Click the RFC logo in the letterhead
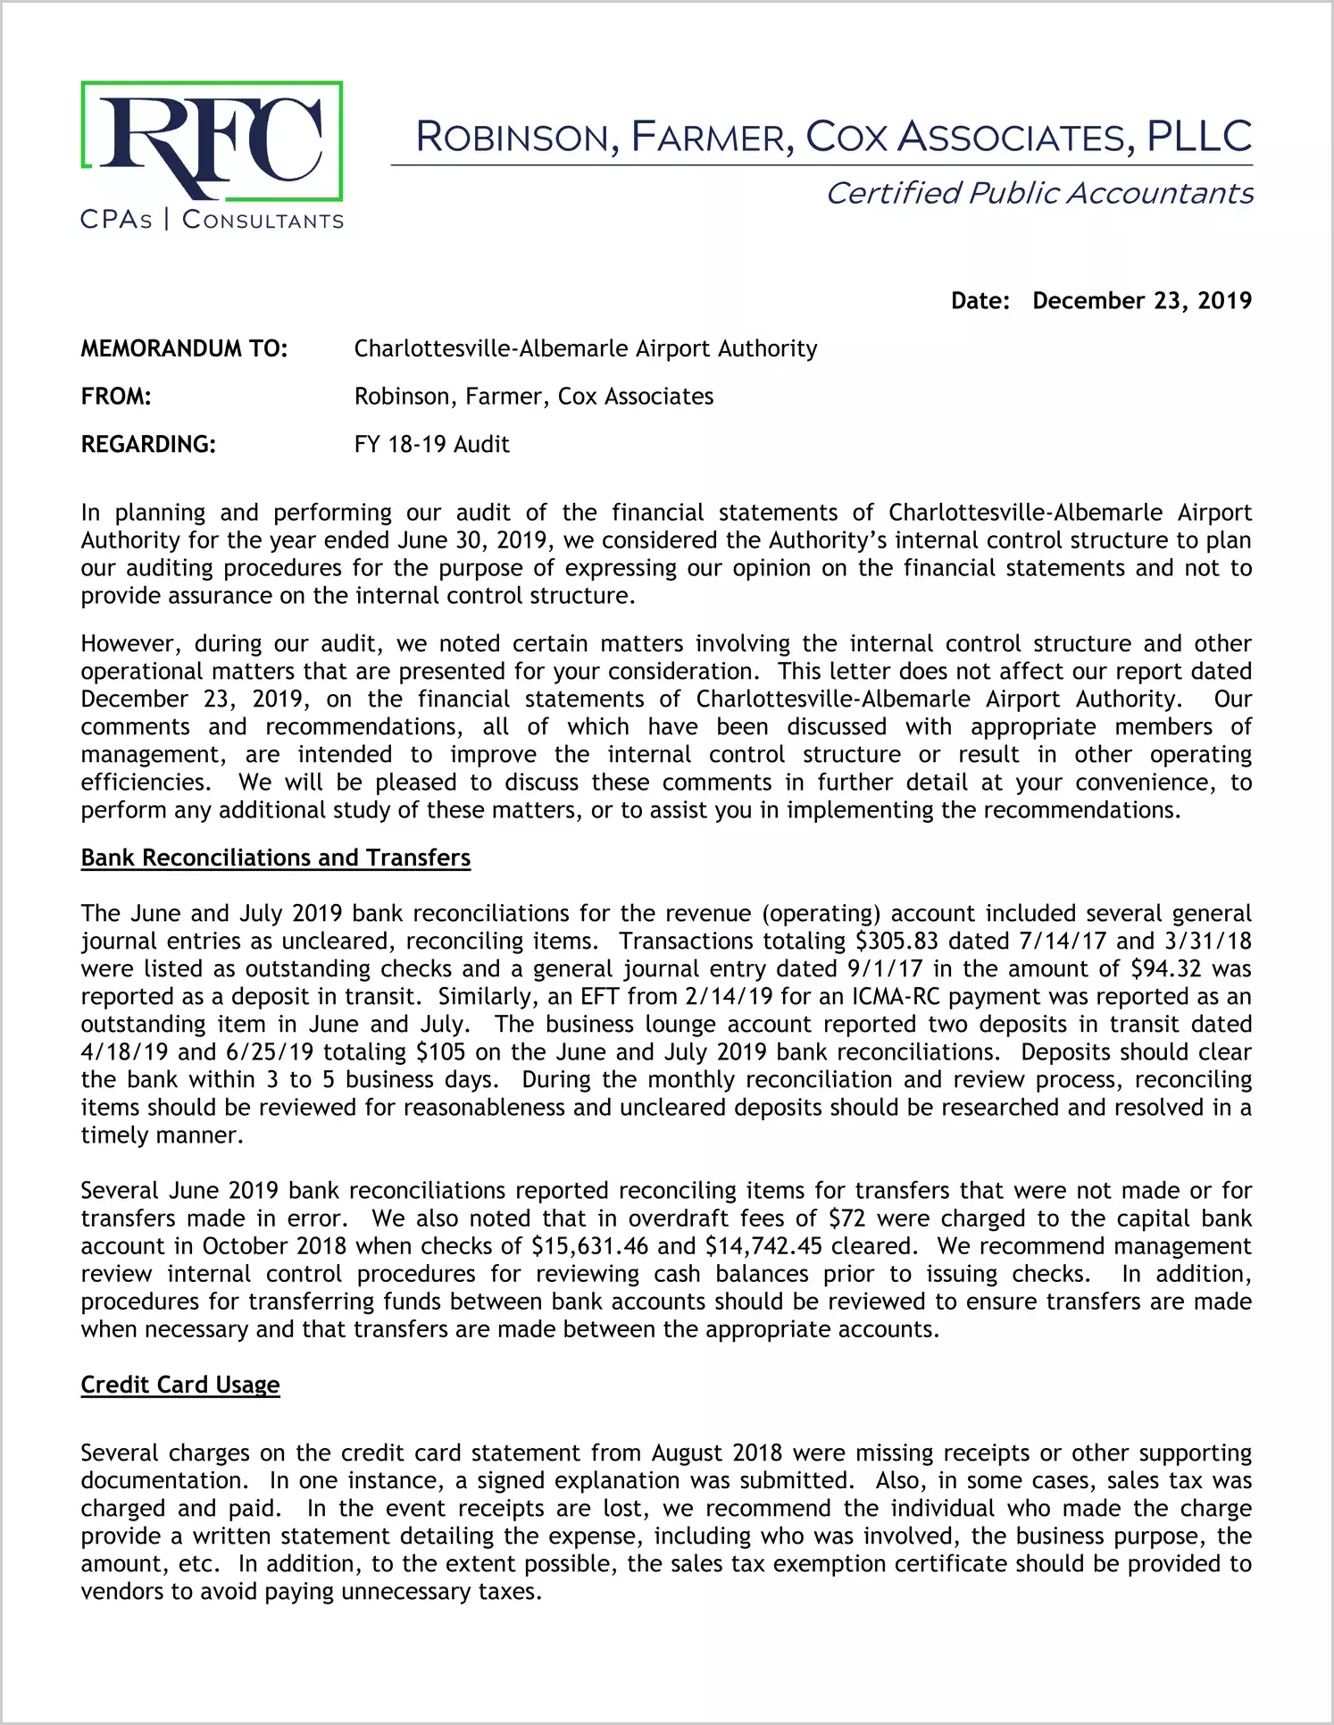point(212,141)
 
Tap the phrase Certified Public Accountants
point(1039,194)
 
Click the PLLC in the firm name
point(1199,137)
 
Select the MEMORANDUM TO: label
point(184,348)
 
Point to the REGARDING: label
point(148,444)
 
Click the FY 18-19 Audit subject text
point(431,444)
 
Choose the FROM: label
point(116,397)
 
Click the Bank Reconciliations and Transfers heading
point(275,858)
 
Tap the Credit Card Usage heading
point(180,1385)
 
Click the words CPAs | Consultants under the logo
point(212,220)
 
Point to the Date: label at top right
point(980,301)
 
